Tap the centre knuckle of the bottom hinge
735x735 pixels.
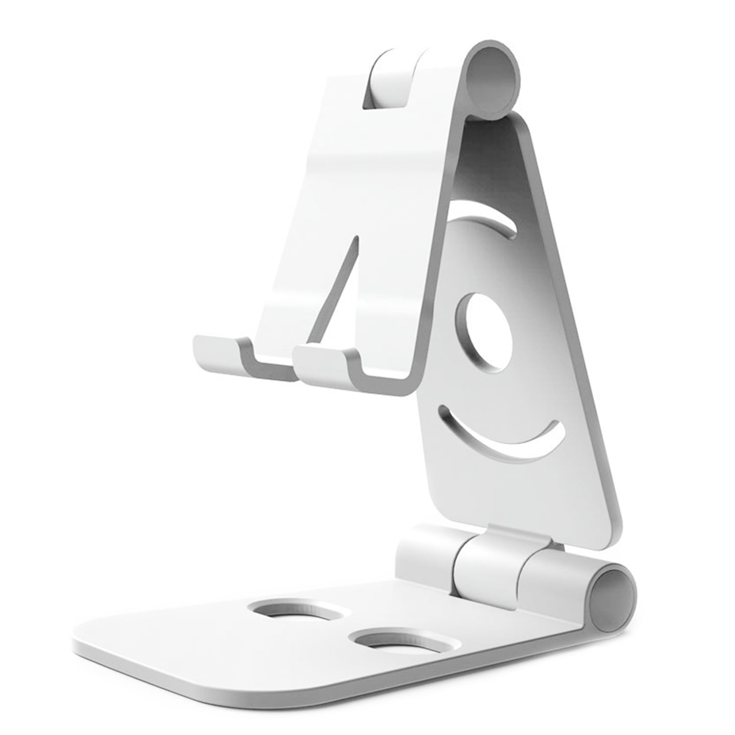pos(485,563)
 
